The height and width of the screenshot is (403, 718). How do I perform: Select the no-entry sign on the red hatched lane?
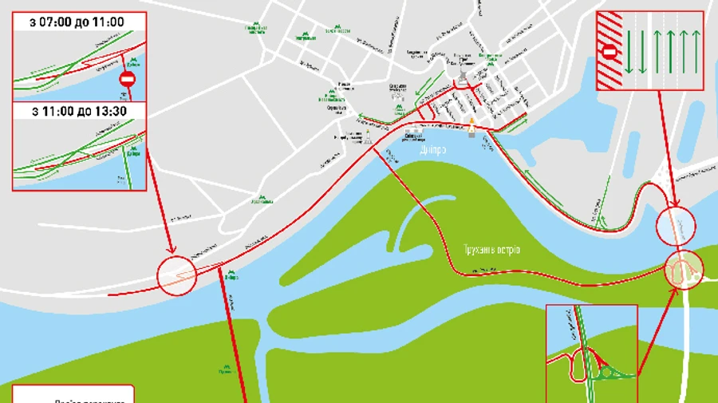(610, 52)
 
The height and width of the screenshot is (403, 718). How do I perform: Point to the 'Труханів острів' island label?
(491, 250)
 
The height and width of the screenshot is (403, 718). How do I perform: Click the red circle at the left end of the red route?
(177, 275)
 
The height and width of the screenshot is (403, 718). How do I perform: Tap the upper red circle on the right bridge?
(675, 225)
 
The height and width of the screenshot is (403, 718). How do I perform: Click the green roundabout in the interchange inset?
(613, 369)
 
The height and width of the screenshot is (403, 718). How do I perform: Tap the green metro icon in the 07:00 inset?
(132, 58)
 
